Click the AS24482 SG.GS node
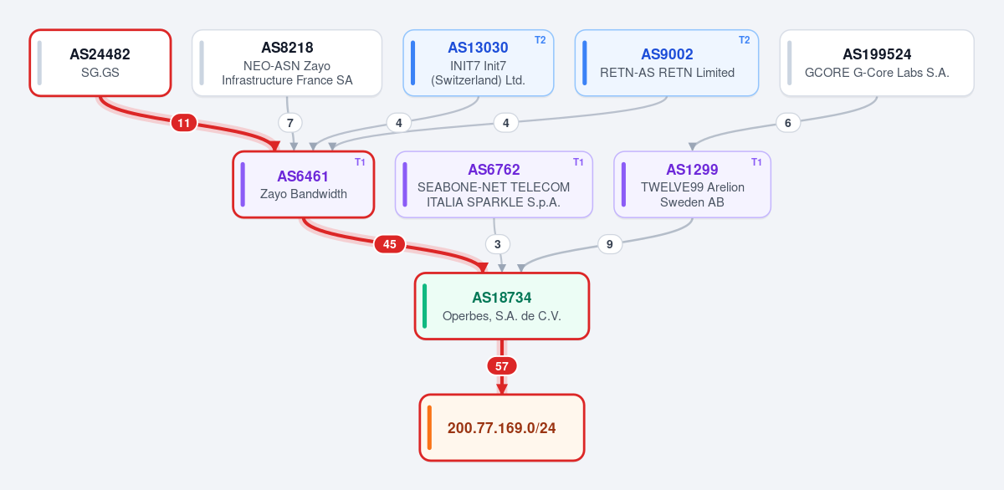pos(100,63)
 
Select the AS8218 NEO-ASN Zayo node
pos(287,63)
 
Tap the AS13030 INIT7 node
pos(479,63)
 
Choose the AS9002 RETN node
pos(667,63)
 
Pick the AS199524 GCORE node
pos(877,63)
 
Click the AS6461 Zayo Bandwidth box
pos(304,185)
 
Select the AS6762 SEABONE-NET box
pos(494,185)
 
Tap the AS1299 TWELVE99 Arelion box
pos(692,185)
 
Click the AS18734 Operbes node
pos(501,306)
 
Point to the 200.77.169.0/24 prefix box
pos(501,427)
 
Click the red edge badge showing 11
pos(184,123)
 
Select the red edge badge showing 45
pos(390,244)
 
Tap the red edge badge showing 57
pos(501,366)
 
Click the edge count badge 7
pos(290,123)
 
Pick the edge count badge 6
pos(787,123)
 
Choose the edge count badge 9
pos(610,244)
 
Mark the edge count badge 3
pos(498,244)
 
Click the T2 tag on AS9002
pos(744,40)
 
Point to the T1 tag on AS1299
pos(756,161)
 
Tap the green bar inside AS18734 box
pos(424,306)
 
